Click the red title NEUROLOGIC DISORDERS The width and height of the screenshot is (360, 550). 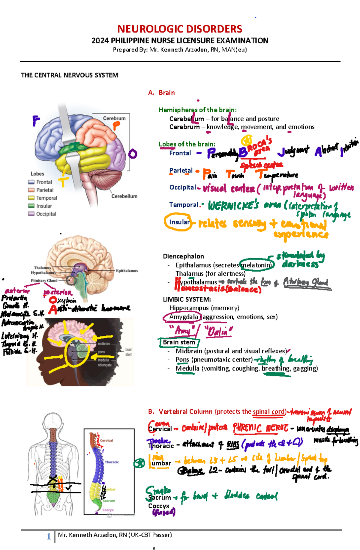pyautogui.click(x=180, y=29)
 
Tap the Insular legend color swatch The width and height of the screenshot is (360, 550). pyautogui.click(x=31, y=206)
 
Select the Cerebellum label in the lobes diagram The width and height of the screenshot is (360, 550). pyautogui.click(x=124, y=196)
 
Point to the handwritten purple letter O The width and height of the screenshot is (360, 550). pyautogui.click(x=133, y=154)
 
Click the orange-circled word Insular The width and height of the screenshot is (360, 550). pyautogui.click(x=179, y=222)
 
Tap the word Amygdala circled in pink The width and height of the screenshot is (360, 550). pyautogui.click(x=183, y=317)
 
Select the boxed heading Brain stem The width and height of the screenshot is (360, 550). pyautogui.click(x=179, y=342)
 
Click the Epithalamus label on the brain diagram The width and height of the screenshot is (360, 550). pyautogui.click(x=127, y=271)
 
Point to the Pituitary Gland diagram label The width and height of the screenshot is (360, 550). pyautogui.click(x=44, y=281)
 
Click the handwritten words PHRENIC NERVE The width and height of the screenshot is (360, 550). pyautogui.click(x=260, y=428)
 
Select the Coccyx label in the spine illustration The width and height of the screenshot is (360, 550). pyautogui.click(x=108, y=510)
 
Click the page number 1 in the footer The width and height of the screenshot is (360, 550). pyautogui.click(x=49, y=536)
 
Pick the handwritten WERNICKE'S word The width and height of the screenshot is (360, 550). pyautogui.click(x=233, y=206)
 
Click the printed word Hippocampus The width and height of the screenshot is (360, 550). pyautogui.click(x=189, y=308)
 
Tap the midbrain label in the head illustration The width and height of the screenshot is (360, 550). pyautogui.click(x=104, y=344)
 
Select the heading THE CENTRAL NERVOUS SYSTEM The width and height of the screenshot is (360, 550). pyautogui.click(x=70, y=75)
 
